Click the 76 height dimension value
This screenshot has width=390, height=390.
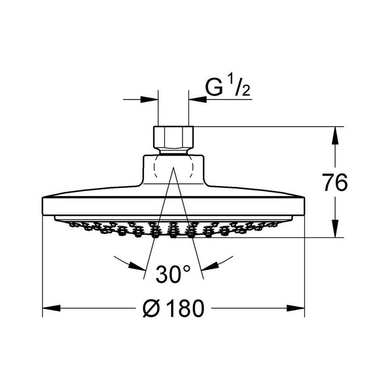[x=334, y=183]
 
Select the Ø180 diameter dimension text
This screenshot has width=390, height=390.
[x=173, y=308]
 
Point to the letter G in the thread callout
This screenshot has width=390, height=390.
[x=214, y=87]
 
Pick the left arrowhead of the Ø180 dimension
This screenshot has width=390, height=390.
[x=51, y=308]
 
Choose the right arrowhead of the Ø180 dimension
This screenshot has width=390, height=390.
[x=295, y=308]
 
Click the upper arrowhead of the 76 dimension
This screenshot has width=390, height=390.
[x=335, y=135]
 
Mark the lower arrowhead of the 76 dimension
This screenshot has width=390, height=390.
[x=335, y=228]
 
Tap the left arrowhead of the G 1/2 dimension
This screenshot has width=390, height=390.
[x=149, y=100]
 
